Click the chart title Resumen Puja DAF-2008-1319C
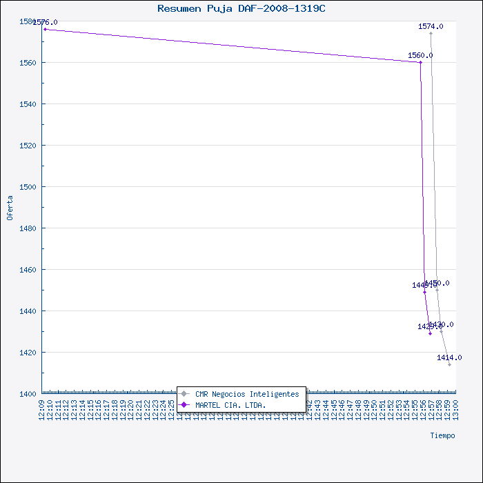[x=241, y=8]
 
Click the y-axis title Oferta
[x=10, y=207]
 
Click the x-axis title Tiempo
[x=442, y=435]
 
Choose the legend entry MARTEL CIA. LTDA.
[x=230, y=404]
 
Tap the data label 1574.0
[x=431, y=26]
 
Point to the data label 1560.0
[x=420, y=55]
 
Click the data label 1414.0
[x=449, y=357]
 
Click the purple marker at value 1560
[x=420, y=62]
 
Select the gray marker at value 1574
[x=431, y=33]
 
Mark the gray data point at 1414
[x=449, y=364]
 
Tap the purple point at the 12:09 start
[x=45, y=29]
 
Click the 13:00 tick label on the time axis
[x=455, y=410]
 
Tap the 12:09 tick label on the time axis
[x=43, y=410]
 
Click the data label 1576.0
[x=46, y=22]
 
